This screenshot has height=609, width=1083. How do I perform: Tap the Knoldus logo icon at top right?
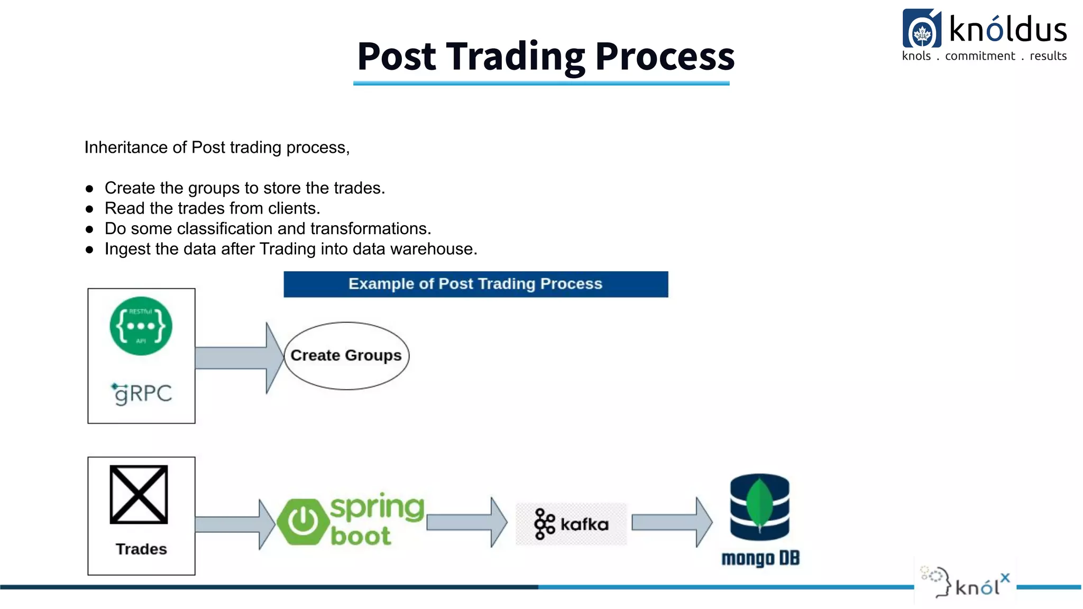(922, 29)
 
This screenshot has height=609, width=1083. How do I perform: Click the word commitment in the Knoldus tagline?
(980, 56)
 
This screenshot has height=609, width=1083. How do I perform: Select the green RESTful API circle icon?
(141, 326)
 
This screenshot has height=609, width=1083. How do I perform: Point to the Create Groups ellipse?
(346, 356)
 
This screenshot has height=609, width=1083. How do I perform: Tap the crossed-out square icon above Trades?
(139, 494)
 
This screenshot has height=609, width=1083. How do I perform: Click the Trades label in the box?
(141, 549)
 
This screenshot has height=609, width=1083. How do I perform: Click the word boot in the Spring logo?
(361, 536)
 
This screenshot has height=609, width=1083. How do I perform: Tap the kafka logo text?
(584, 524)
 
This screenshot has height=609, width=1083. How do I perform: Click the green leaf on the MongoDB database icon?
(759, 502)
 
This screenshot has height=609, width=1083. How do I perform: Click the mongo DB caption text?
(760, 558)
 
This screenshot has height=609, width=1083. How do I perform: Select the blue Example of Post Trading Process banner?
(475, 284)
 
